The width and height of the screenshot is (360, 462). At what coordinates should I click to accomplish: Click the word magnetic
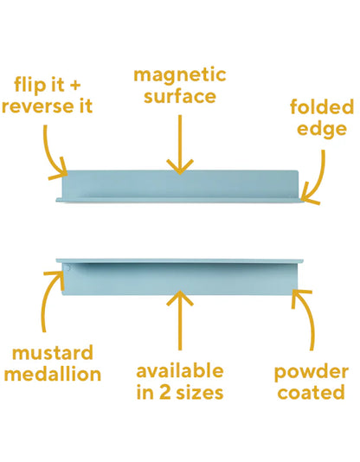tap(180, 76)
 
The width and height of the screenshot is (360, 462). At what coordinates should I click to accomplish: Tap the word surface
tap(180, 96)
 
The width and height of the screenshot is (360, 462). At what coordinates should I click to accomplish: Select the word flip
tap(30, 85)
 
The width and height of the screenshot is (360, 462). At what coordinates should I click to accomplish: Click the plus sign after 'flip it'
tap(74, 85)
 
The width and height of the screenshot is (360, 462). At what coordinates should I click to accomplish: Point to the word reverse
tap(36, 106)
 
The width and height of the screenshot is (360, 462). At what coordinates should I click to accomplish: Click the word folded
tap(322, 106)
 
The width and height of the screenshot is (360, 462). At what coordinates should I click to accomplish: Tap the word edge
tap(322, 130)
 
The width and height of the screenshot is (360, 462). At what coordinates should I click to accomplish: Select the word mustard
tap(53, 353)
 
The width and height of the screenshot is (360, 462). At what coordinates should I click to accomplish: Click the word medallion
tap(53, 374)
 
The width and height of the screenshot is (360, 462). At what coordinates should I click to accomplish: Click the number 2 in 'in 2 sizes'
tap(165, 393)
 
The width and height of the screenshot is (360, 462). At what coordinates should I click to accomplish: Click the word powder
tap(312, 373)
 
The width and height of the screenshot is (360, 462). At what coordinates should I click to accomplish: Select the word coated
tap(311, 393)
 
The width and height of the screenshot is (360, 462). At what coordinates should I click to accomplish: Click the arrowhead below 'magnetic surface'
tap(180, 167)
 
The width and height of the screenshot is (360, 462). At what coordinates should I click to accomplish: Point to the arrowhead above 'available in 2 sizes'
tap(180, 298)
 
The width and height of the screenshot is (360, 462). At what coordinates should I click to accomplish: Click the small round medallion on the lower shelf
tap(68, 268)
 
